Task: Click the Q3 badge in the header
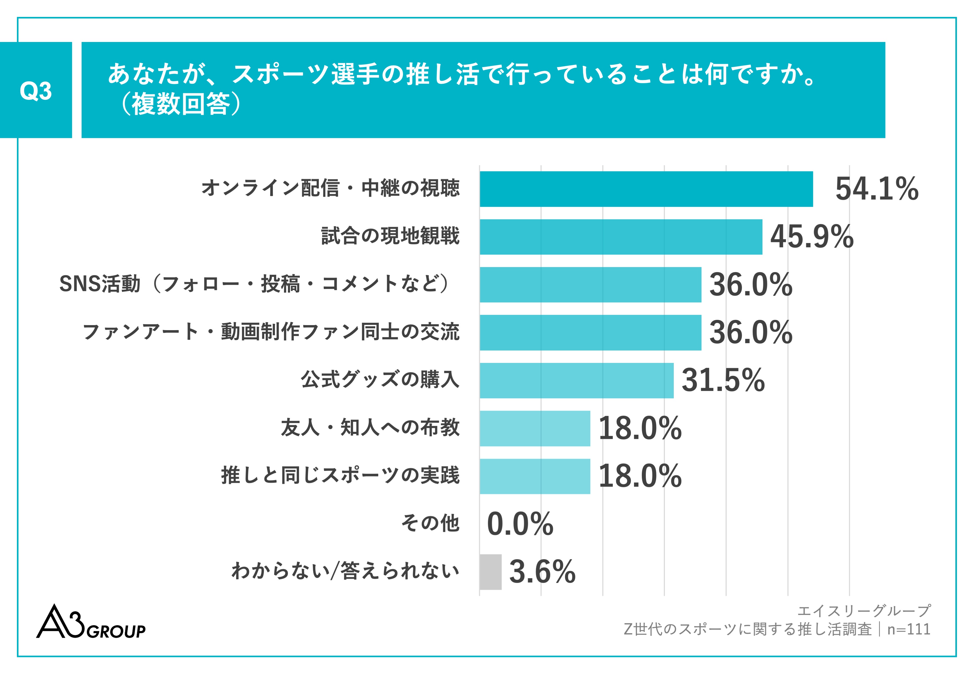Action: [x=36, y=90]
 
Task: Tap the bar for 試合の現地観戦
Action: [x=621, y=237]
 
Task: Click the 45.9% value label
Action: [x=812, y=237]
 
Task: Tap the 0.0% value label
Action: [x=520, y=524]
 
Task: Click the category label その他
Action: [x=430, y=523]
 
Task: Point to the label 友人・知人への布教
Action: [x=370, y=428]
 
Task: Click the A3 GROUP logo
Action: [x=91, y=623]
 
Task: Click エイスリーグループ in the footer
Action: [x=864, y=611]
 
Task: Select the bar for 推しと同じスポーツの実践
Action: [x=535, y=476]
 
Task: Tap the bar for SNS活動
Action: [x=590, y=285]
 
